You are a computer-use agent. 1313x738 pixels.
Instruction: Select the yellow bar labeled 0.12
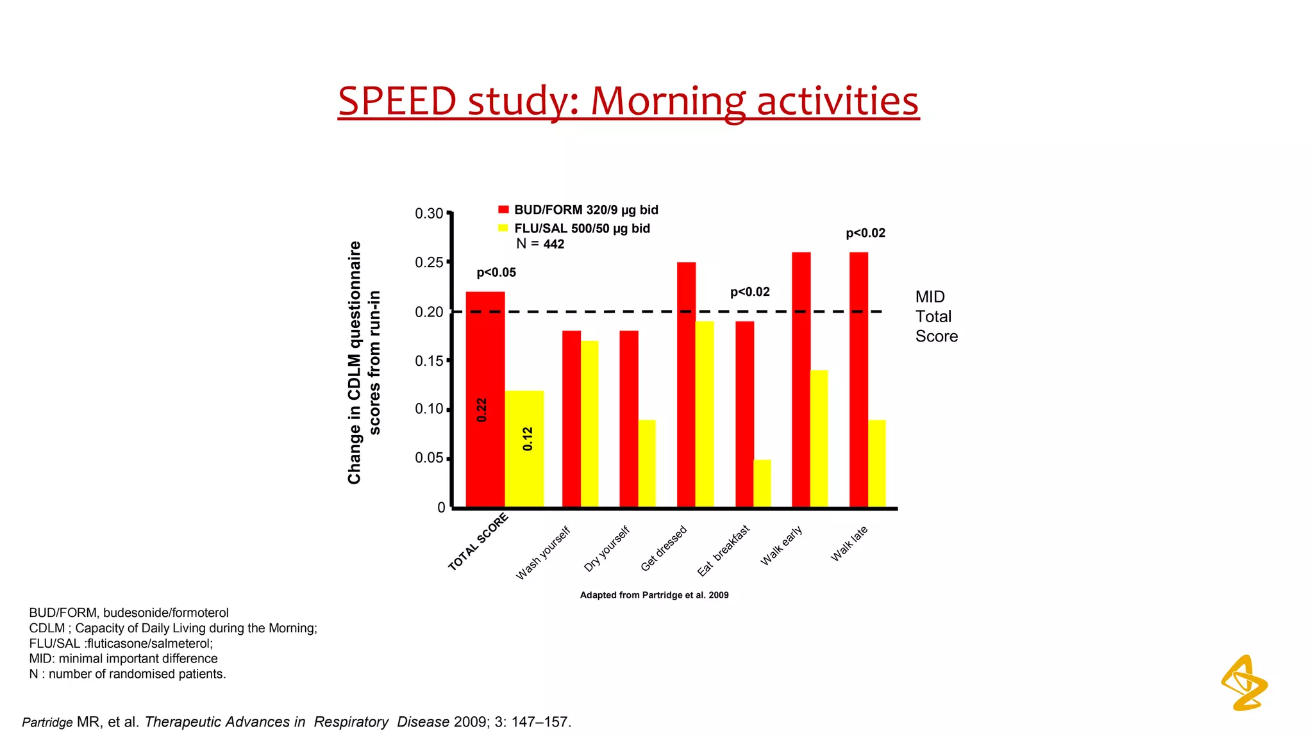(524, 448)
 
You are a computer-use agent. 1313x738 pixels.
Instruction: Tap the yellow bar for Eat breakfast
(762, 483)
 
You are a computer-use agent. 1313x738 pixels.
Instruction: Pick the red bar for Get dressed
(686, 384)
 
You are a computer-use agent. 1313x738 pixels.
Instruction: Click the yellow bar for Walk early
(819, 438)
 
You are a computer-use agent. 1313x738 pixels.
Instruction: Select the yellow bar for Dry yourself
(646, 463)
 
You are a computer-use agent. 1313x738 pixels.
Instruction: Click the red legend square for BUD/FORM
(503, 209)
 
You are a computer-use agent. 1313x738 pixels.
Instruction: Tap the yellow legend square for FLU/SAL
(503, 228)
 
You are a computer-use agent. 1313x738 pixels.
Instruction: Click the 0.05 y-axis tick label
(430, 458)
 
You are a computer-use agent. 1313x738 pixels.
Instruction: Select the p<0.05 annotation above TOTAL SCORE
(496, 273)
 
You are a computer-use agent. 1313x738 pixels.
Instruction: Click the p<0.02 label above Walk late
(866, 233)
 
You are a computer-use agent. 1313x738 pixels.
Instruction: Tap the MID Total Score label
(936, 316)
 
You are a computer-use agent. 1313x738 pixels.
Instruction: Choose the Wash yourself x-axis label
(543, 553)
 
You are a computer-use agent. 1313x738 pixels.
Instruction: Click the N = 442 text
(540, 244)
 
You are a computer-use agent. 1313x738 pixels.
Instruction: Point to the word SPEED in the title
(397, 101)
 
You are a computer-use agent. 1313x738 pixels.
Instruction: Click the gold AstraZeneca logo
(1244, 683)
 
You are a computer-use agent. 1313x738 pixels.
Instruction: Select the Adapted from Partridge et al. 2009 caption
(654, 595)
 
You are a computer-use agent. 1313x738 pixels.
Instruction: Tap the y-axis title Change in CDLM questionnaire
(355, 363)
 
